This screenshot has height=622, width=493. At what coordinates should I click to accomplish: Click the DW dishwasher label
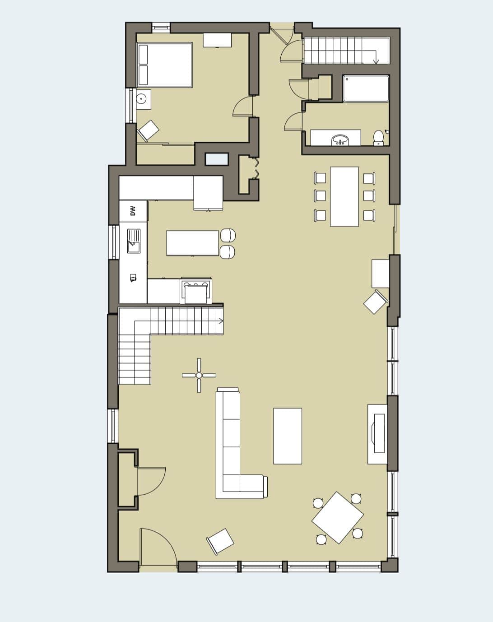(x=133, y=211)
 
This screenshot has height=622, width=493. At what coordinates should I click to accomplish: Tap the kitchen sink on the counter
(x=134, y=241)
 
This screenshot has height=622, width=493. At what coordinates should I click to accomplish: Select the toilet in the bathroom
(x=378, y=138)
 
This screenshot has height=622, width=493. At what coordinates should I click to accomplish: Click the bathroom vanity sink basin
(x=340, y=140)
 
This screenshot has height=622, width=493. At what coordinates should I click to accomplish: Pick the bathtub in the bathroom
(x=366, y=89)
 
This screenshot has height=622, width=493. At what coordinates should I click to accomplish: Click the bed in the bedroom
(x=164, y=65)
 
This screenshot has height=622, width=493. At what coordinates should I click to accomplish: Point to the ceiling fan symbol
(x=199, y=375)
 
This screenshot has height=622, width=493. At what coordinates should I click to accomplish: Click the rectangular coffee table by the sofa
(x=288, y=436)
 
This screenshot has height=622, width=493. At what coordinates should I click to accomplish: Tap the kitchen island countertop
(x=193, y=243)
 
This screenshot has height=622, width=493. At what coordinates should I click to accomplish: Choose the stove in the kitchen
(x=196, y=291)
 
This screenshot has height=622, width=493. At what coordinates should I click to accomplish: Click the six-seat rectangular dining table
(x=344, y=196)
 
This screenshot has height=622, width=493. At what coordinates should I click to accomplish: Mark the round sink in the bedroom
(x=141, y=99)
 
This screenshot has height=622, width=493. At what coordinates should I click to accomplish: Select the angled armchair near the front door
(x=220, y=541)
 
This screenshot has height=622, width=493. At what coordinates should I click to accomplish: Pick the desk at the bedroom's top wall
(x=217, y=40)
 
